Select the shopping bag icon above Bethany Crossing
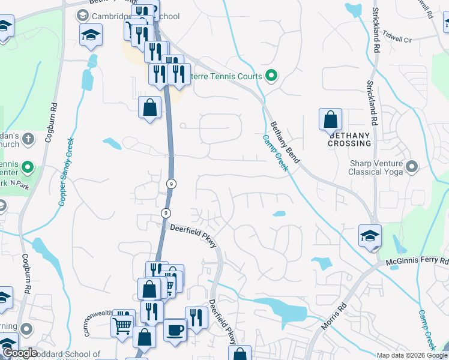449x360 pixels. click(x=330, y=119)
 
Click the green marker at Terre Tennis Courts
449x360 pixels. click(x=271, y=76)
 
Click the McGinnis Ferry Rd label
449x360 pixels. click(x=417, y=262)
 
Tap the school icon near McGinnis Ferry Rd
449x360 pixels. click(x=370, y=236)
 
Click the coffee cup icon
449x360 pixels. click(x=175, y=329)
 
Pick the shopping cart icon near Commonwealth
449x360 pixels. click(x=122, y=326)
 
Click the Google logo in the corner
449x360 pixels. click(x=19, y=353)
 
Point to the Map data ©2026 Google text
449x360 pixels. click(x=412, y=355)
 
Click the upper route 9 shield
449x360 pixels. click(x=172, y=184)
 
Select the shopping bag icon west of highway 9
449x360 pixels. click(x=149, y=109)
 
